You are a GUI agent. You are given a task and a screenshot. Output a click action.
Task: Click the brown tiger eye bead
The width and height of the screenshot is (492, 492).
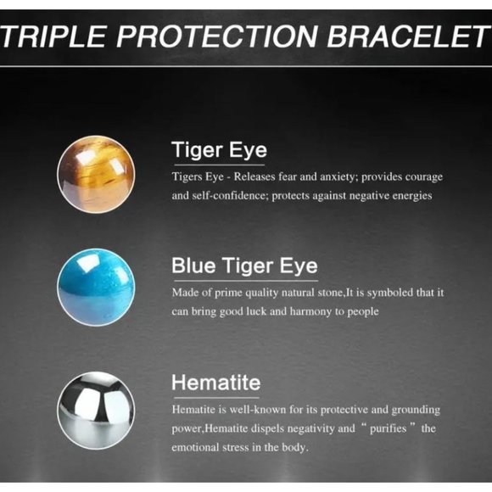pyautogui.click(x=96, y=175)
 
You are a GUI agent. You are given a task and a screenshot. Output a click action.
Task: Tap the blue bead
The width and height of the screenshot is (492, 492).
pyautogui.click(x=96, y=287)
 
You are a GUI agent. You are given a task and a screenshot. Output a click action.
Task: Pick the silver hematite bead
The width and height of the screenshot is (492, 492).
pyautogui.click(x=96, y=411)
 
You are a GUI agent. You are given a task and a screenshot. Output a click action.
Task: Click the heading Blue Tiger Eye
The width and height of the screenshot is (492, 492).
pyautogui.click(x=243, y=266)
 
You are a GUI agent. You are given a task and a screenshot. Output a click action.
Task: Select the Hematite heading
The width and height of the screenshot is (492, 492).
pyautogui.click(x=215, y=383)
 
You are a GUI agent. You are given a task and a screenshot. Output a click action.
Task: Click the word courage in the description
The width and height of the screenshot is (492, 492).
pyautogui.click(x=422, y=176)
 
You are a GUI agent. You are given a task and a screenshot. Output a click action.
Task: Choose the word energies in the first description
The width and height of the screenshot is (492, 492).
pyautogui.click(x=409, y=196)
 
